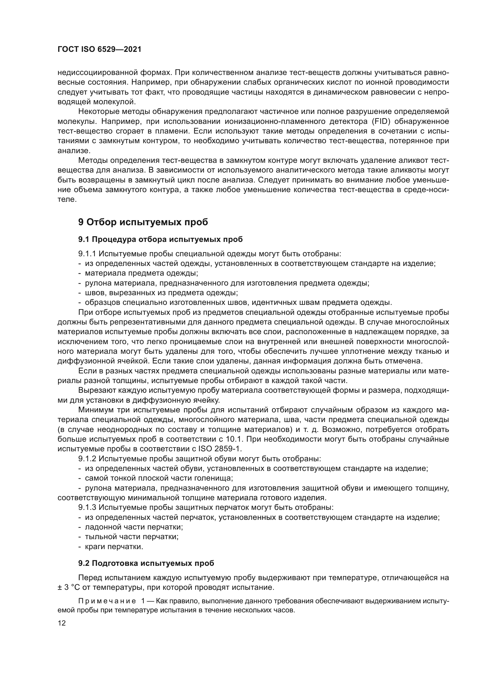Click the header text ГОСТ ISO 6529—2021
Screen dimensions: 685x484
click(x=99, y=49)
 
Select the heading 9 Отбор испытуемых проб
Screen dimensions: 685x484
click(x=143, y=222)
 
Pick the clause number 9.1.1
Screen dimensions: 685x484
click(x=87, y=254)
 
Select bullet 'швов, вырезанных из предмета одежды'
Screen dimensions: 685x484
click(x=161, y=293)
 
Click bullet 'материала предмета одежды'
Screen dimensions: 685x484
click(x=141, y=273)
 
